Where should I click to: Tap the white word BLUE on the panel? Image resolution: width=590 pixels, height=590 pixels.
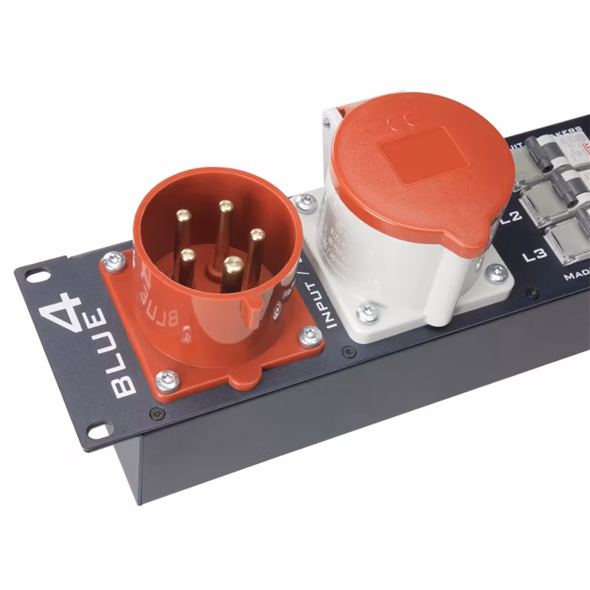click(120, 355)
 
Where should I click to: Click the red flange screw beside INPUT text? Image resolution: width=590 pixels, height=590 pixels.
click(309, 335)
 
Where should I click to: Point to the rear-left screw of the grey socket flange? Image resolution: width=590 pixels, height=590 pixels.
click(305, 201)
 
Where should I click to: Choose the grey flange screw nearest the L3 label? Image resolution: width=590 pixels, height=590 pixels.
click(497, 272)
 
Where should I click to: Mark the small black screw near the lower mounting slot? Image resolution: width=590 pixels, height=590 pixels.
click(156, 414)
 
